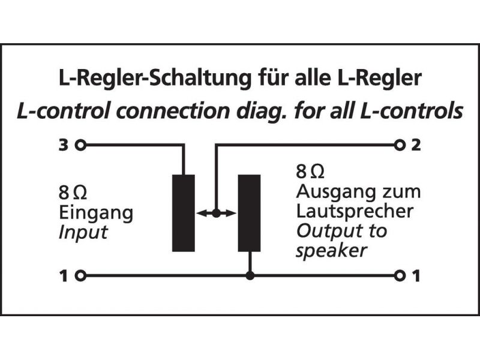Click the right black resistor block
pos(249,212)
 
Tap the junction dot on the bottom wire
pos(250,276)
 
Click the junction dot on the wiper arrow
pos(217,212)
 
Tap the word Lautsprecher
pos(354,211)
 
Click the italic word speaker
pos(330,250)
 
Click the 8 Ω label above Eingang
pos(72,193)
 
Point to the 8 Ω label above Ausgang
pos(310,173)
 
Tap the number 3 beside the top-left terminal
pos(63,145)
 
